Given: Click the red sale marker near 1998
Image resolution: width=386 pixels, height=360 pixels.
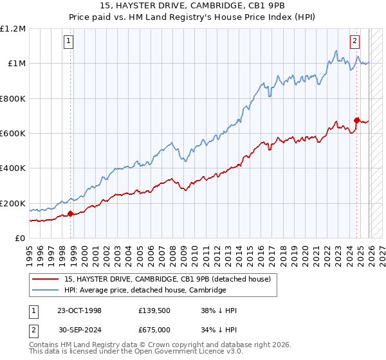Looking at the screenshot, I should click(70, 214).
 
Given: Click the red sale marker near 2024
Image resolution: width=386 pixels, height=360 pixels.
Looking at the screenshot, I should click(357, 120).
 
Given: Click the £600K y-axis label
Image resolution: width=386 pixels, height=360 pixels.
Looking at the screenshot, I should click(13, 134).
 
